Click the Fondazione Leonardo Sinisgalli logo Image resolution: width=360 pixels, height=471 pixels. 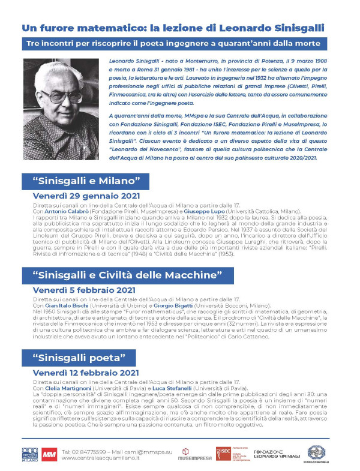point(277,454)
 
